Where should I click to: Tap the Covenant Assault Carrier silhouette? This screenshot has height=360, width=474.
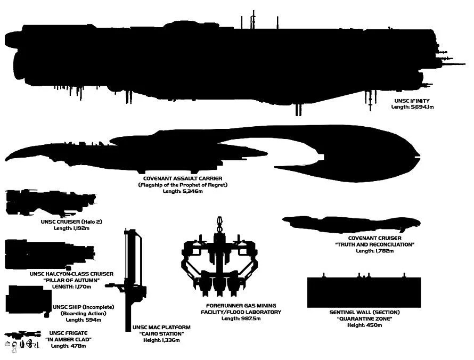click(x=320, y=149)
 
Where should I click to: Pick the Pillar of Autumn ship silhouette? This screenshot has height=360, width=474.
click(x=43, y=255)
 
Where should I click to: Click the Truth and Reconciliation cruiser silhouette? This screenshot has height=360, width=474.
click(x=352, y=224)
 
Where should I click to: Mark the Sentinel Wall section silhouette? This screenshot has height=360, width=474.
click(x=364, y=292)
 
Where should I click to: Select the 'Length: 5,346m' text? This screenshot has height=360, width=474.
click(x=183, y=191)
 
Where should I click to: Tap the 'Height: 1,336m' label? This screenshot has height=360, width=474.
click(x=161, y=340)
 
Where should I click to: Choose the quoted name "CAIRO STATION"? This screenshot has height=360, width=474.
click(x=161, y=334)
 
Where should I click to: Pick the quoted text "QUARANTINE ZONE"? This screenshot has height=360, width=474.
click(x=364, y=319)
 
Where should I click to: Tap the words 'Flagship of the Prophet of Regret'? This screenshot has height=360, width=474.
click(x=183, y=185)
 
